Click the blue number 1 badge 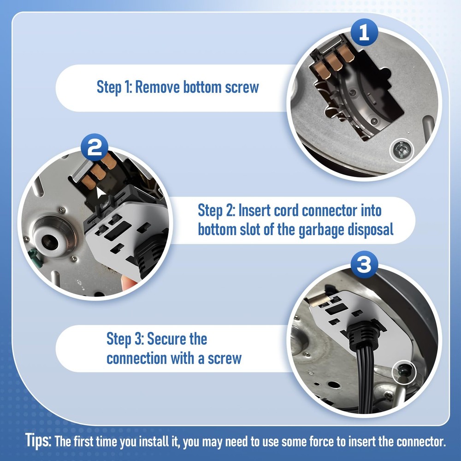coord(364,32)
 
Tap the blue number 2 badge coord(95,148)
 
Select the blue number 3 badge coord(364,264)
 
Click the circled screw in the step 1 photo coord(402,150)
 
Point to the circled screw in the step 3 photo coord(404,372)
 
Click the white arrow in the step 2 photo coord(100,193)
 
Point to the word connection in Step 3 coord(137,358)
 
